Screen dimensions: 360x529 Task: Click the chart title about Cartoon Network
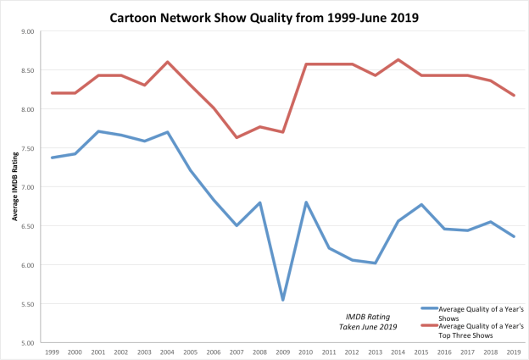(x=264, y=16)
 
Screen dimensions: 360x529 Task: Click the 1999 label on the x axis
(x=53, y=352)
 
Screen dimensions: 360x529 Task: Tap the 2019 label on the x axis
(x=512, y=352)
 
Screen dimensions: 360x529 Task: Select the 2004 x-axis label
(x=168, y=352)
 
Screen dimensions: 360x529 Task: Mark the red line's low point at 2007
(x=237, y=137)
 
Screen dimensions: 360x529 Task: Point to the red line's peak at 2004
(x=168, y=62)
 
